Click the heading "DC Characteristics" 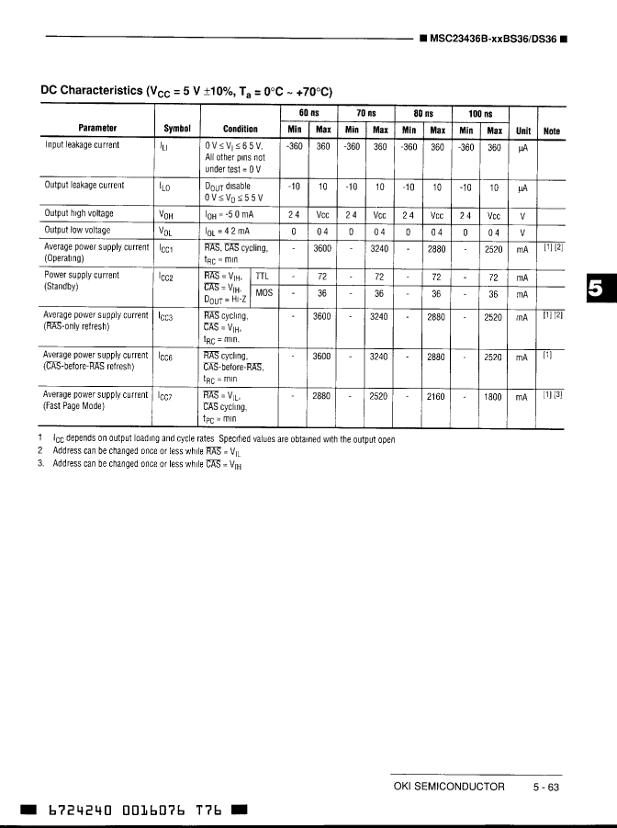point(92,90)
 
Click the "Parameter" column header point(96,130)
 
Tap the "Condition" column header point(241,130)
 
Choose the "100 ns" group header point(480,113)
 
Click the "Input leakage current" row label point(82,144)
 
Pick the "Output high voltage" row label point(79,213)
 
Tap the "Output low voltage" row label point(77,230)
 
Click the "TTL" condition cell point(263,276)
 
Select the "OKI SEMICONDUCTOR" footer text point(449,786)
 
